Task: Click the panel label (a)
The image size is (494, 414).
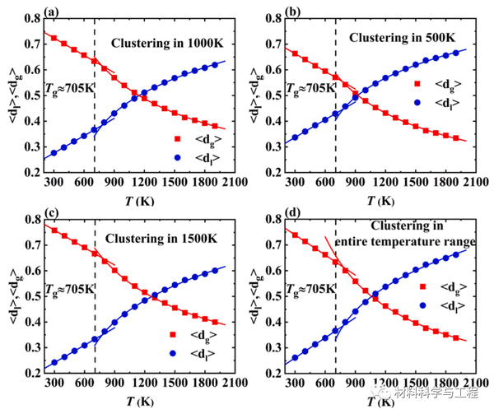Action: coord(51,12)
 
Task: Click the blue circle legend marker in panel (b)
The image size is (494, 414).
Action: coord(417,103)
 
